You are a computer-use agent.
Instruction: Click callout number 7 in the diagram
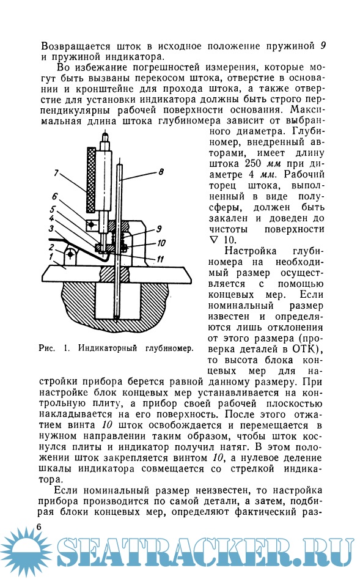point(56,172)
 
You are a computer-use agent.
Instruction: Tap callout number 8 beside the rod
point(161,171)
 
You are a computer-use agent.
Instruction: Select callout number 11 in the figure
point(160,259)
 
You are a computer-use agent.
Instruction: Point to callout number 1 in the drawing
point(51,256)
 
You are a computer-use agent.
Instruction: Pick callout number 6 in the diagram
point(54,196)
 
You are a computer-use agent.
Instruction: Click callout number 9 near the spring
point(159,229)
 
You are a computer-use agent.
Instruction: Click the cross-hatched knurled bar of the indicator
point(90,180)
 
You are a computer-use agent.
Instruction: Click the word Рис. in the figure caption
point(47,349)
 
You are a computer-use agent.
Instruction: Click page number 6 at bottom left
point(39,526)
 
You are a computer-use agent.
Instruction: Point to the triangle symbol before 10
point(214,240)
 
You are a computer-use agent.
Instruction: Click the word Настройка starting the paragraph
point(251,251)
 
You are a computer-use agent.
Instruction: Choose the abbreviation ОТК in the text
point(304,349)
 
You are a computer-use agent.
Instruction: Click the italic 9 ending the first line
point(323,46)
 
